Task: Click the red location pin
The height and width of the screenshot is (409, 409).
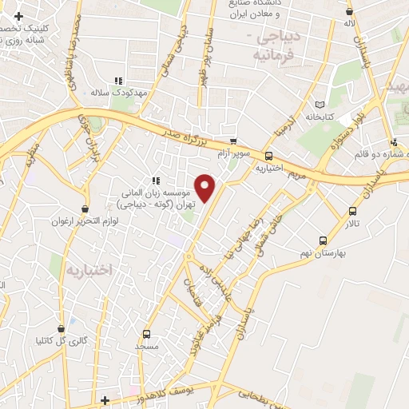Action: [206, 187]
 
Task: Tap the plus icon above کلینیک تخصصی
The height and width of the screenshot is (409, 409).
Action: [18, 15]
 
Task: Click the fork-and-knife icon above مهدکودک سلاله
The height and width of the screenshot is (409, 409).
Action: [118, 81]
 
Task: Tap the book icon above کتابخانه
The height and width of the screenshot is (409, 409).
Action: [320, 105]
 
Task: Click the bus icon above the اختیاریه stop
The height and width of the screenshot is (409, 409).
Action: [268, 157]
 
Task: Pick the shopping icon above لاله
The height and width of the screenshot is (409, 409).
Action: [349, 11]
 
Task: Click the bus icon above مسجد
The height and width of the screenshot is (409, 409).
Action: [146, 334]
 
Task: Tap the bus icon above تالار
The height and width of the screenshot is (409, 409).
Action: [353, 212]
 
